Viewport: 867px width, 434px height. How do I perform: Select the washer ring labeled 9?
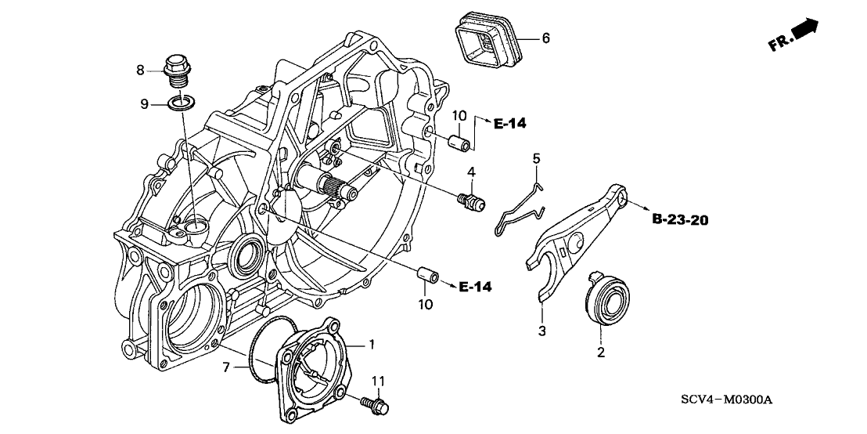point(182,103)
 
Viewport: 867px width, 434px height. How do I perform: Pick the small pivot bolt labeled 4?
point(472,201)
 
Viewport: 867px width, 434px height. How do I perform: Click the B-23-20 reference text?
point(679,220)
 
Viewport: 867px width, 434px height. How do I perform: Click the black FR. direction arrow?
point(804,31)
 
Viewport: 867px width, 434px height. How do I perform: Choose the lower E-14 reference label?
point(476,288)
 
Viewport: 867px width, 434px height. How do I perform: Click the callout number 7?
point(226,367)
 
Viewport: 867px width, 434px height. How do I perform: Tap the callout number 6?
point(546,38)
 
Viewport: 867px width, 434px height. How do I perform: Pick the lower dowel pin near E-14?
point(426,276)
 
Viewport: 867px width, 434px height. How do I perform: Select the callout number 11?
point(379,382)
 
